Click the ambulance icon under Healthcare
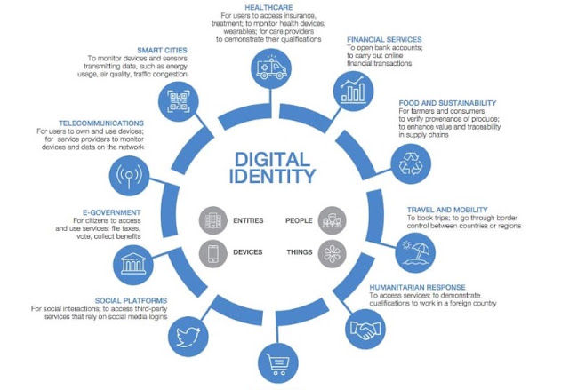click(x=271, y=68)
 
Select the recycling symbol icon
click(x=411, y=163)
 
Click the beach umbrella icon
click(x=415, y=252)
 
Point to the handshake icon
click(x=365, y=329)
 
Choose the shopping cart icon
click(x=278, y=362)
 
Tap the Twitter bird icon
click(x=188, y=337)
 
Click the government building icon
click(x=133, y=265)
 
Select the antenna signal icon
click(x=129, y=176)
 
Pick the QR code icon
click(x=179, y=101)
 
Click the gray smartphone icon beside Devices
click(x=213, y=253)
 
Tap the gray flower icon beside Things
click(x=332, y=253)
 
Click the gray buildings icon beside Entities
click(x=213, y=220)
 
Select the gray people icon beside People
click(x=332, y=220)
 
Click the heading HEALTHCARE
click(x=268, y=8)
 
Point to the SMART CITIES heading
click(x=162, y=51)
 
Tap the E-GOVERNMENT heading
click(x=112, y=212)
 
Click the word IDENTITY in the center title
click(x=273, y=176)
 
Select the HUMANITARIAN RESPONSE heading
click(x=417, y=288)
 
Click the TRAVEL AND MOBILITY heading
click(x=447, y=210)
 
